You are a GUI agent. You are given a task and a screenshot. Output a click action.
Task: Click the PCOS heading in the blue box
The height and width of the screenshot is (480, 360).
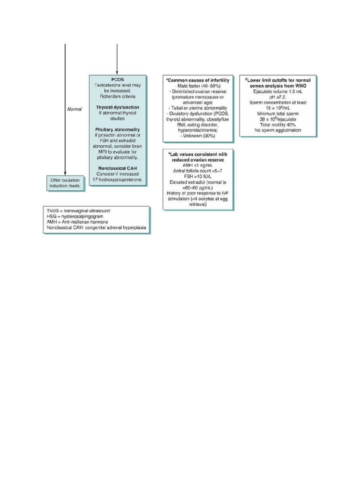[117, 79]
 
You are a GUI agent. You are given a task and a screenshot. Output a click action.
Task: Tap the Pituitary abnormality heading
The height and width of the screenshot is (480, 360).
[117, 129]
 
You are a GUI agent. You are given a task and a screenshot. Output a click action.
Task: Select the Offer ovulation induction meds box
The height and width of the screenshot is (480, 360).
[66, 183]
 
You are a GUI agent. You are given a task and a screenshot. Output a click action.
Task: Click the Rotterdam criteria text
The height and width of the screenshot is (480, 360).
[117, 96]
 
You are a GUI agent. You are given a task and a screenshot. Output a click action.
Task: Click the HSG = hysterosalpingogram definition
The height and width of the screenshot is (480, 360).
[75, 217]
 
